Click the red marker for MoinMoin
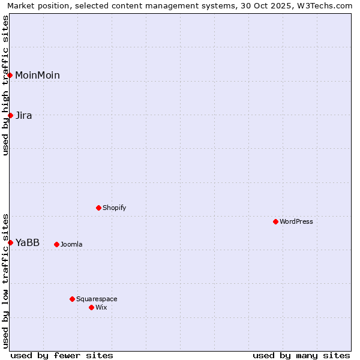pos(10,75)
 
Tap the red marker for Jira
pos(10,115)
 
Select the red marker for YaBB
pos(10,242)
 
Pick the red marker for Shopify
pos(98,208)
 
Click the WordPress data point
pos(275,221)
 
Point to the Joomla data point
pos(56,244)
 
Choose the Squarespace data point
pos(72,299)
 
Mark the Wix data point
pos(91,307)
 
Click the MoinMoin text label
pos(37,75)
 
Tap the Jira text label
pos(24,115)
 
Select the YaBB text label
pos(28,242)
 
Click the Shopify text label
pos(114,208)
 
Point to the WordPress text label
pos(296,221)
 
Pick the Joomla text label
pos(71,244)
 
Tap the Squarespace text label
pos(97,299)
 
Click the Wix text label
pos(101,307)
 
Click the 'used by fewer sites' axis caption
pos(62,355)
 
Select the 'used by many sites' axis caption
pos(301,355)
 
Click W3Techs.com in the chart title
pos(324,6)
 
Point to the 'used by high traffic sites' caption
pos(6,85)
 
